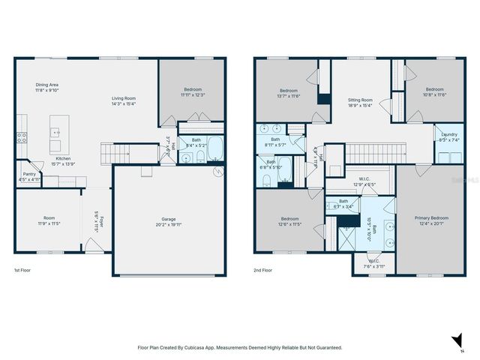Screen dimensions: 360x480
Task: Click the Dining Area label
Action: point(46,85)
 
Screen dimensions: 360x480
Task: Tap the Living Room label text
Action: point(123,98)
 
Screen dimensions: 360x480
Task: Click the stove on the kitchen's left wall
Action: point(22,137)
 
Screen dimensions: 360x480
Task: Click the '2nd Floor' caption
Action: point(264,270)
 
